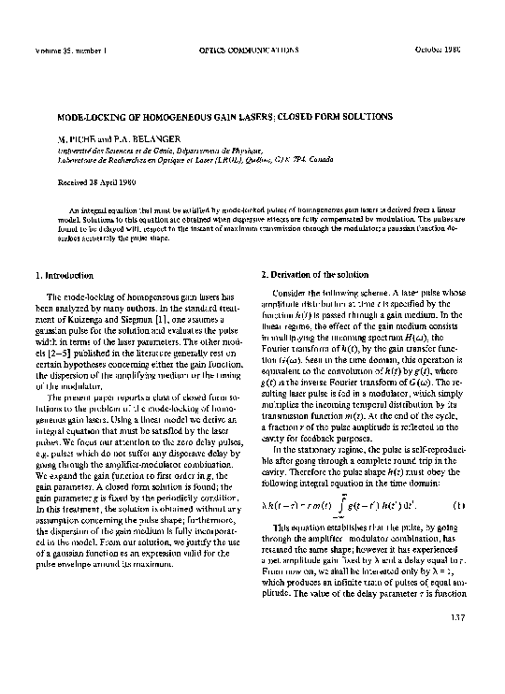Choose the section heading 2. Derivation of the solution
[311, 275]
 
